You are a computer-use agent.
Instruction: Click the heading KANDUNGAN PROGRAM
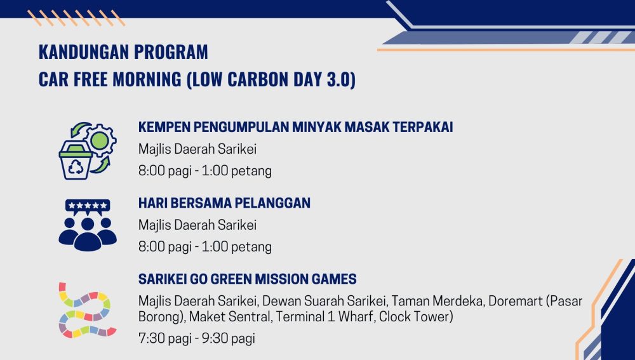coord(123,52)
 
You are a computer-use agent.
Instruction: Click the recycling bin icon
coord(76,160)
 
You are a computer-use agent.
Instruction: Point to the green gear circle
coord(100,140)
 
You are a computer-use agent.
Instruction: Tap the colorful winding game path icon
coord(86,310)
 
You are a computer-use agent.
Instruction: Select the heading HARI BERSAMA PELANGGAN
coord(224,203)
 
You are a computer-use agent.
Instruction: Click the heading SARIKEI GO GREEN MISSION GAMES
coord(248,279)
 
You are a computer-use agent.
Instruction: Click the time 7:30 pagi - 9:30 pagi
coord(197,338)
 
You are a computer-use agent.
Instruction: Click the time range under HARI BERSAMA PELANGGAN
coord(205,246)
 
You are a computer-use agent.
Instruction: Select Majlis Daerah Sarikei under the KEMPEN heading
coord(197,149)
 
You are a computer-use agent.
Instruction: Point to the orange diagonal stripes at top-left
coord(76,18)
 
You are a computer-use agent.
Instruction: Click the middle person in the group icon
coord(88,234)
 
